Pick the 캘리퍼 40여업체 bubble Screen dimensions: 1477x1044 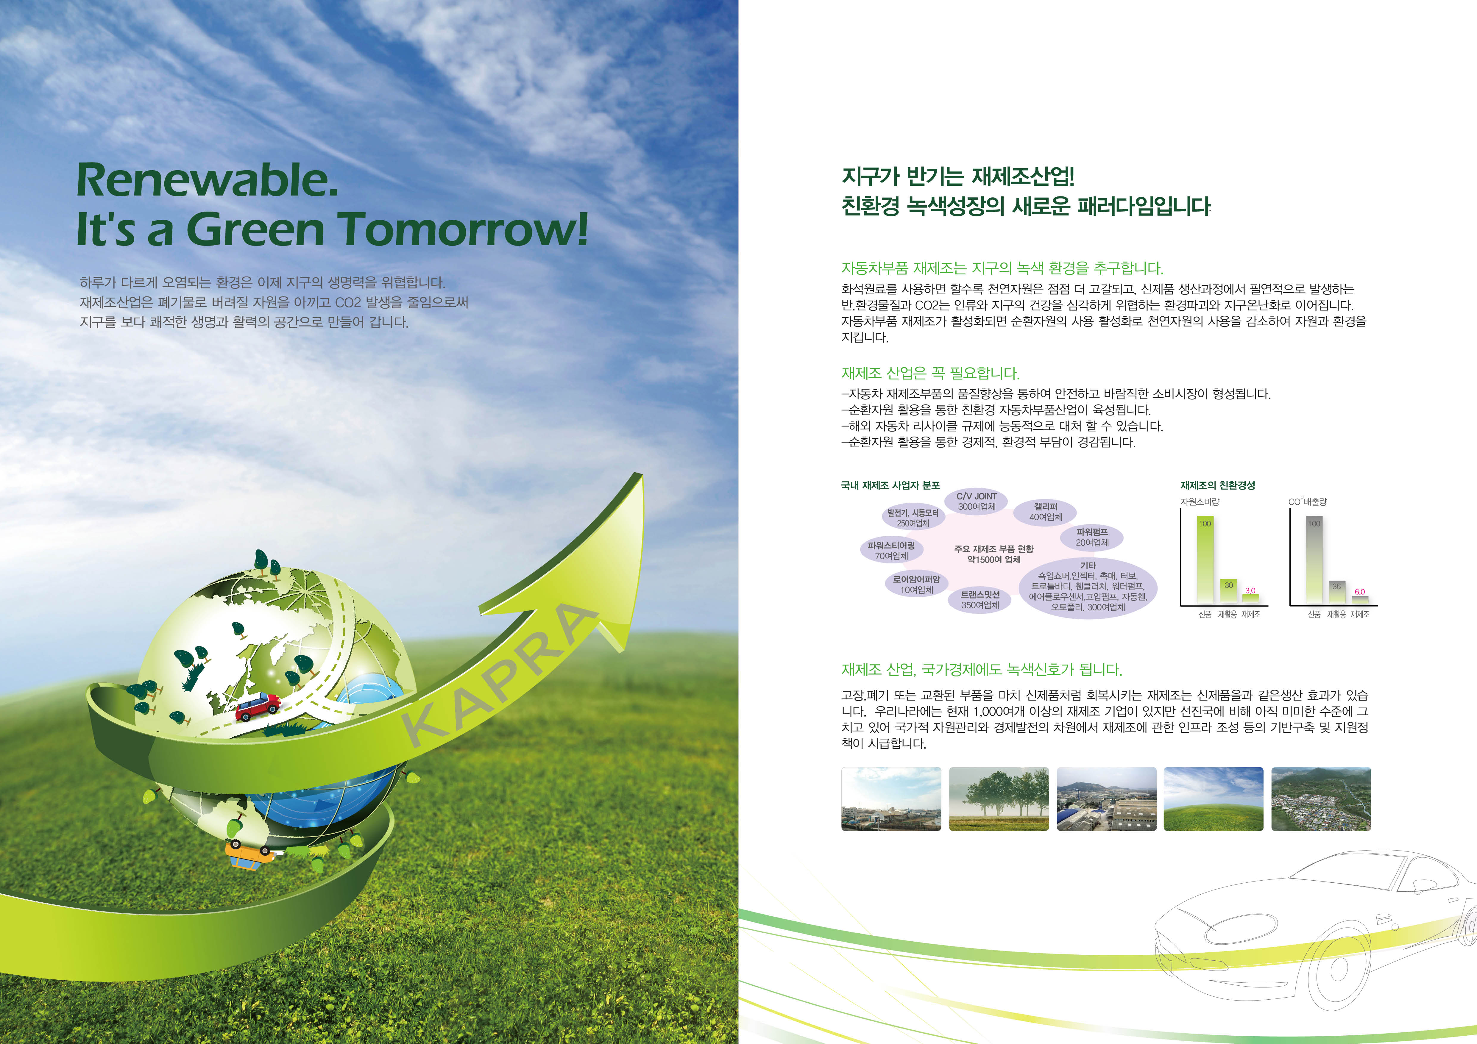click(1045, 512)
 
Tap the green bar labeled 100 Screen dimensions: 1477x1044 click(1205, 559)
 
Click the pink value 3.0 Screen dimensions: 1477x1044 click(1250, 590)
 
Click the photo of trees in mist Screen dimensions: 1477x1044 click(998, 798)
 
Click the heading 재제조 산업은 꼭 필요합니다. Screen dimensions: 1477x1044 click(930, 373)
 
